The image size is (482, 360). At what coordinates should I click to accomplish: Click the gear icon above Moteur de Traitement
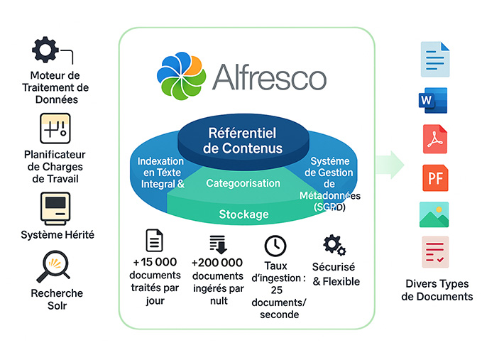[46, 50]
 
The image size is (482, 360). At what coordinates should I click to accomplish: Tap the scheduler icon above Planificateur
[55, 129]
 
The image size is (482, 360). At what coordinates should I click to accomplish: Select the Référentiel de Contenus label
[242, 141]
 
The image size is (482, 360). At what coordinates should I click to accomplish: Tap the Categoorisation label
[243, 183]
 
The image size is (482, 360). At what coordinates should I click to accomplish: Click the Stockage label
[243, 214]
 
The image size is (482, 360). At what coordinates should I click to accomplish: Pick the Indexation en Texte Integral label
[161, 172]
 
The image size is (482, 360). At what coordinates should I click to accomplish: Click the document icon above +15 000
[154, 241]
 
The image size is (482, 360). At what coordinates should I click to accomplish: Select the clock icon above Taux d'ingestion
[275, 246]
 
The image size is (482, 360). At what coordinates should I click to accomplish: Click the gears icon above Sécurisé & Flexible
[334, 246]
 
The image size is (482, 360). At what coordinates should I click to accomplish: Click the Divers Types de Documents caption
[437, 290]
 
